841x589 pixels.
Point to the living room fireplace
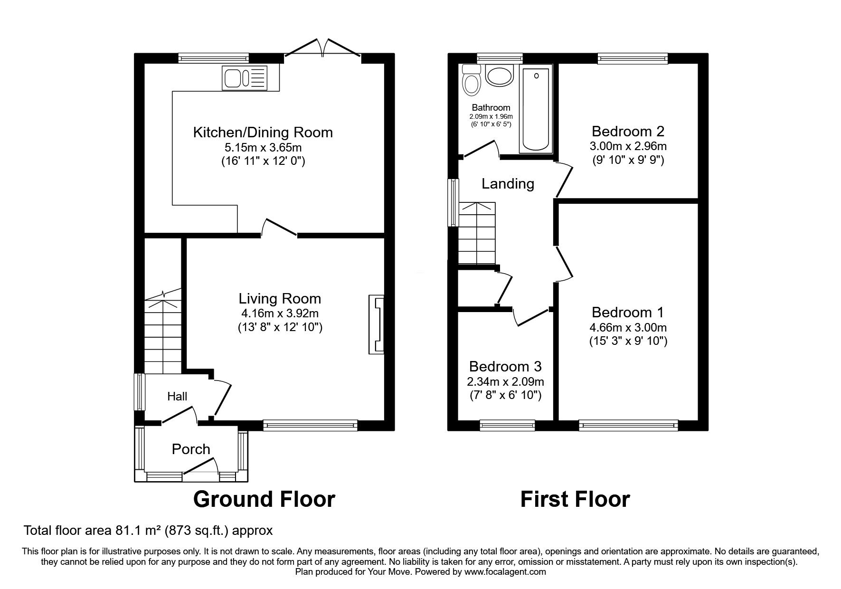376,324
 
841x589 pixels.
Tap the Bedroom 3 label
505,366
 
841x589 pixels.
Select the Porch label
191,449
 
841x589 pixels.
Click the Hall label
177,396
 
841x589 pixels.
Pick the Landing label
508,183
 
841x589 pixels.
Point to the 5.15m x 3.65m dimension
263,147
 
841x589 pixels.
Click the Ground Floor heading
264,499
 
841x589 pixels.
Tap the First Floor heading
575,499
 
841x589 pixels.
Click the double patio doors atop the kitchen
323,50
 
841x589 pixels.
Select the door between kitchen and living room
279,228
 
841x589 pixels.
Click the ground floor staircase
162,332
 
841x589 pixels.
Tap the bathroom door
481,148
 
